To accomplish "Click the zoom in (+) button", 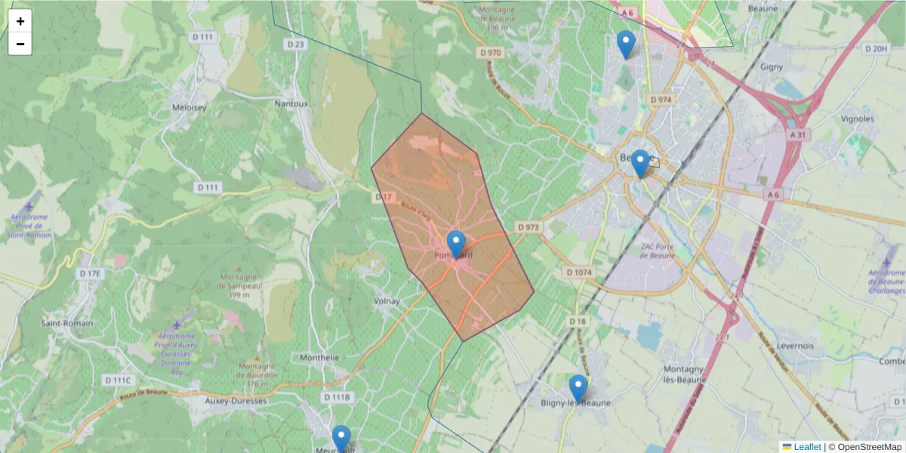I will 20,21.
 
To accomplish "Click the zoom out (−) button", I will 20,44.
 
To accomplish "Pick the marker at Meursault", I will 341,439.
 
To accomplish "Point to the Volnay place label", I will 387,301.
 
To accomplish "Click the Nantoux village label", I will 291,103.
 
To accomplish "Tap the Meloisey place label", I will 190,107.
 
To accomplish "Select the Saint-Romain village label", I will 67,323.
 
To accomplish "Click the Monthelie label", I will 320,358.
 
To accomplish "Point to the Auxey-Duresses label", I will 236,401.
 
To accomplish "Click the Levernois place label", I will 795,346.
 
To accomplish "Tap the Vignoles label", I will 857,119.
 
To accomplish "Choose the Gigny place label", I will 772,66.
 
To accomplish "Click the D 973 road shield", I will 528,226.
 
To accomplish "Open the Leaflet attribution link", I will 806,447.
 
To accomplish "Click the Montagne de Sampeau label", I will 240,285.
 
